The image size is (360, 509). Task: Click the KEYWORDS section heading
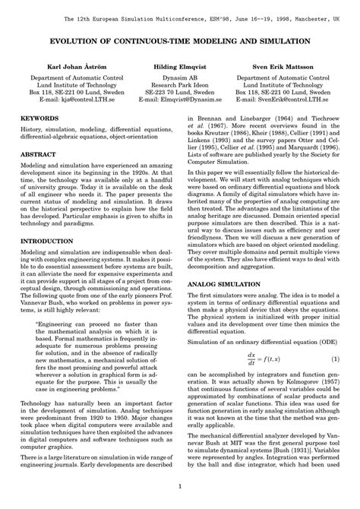[x=42, y=119]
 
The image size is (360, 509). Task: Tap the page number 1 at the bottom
[x=180, y=487]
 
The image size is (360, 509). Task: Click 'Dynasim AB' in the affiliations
[x=180, y=78]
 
